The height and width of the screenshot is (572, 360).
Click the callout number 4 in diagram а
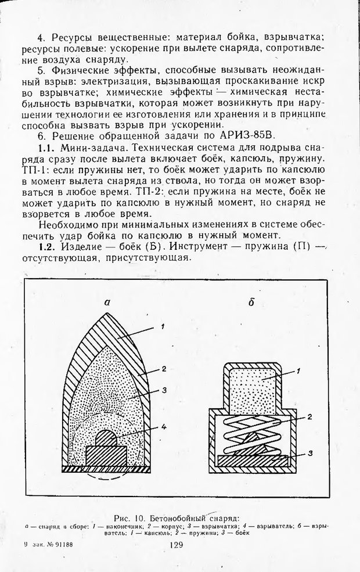click(164, 428)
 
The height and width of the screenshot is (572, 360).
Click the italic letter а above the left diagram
click(106, 302)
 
